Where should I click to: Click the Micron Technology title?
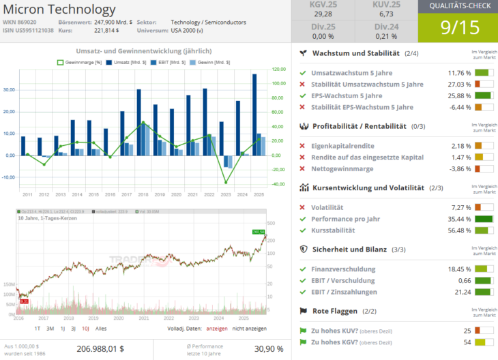tap(59, 10)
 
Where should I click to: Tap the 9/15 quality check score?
tap(458, 29)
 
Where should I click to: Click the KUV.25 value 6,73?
tap(386, 14)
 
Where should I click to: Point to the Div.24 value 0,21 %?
tap(386, 36)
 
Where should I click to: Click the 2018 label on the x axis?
tap(143, 194)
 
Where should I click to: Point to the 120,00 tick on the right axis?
tap(278, 69)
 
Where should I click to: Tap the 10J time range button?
tap(85, 328)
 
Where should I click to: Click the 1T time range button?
tap(38, 328)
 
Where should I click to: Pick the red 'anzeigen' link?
tap(217, 328)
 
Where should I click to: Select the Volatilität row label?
tap(327, 207)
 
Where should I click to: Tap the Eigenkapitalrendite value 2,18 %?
tap(461, 146)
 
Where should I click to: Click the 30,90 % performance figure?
tap(268, 348)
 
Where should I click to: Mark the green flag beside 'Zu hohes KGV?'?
tap(303, 342)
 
